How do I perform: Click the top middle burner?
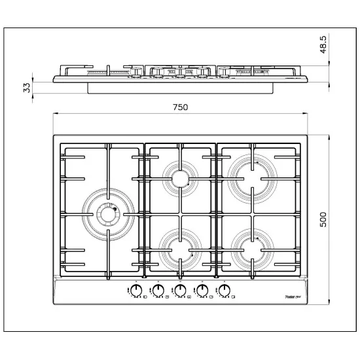coord(179,178)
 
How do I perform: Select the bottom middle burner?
coord(179,248)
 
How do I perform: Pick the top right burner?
coord(252,174)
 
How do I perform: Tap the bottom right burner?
coord(252,247)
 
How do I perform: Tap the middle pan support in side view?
coord(180,71)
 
